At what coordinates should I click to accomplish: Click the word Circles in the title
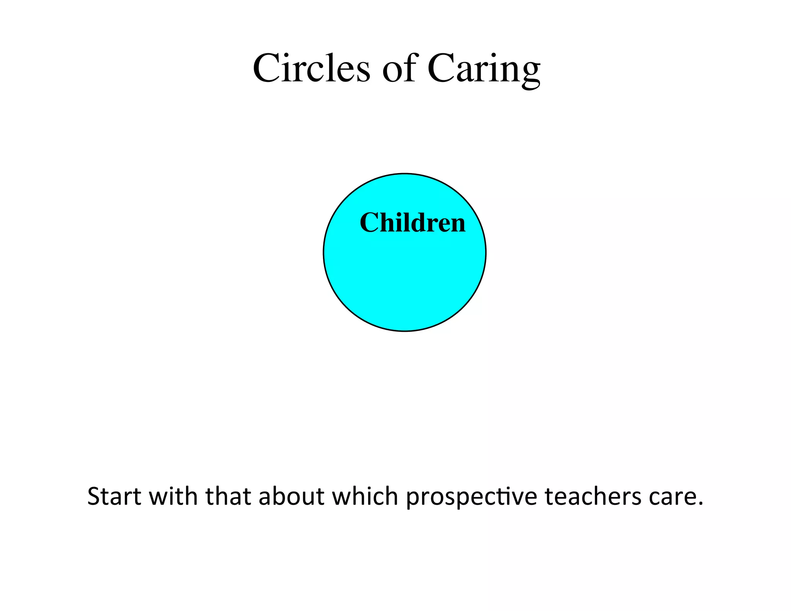(x=311, y=68)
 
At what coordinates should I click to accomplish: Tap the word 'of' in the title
(x=399, y=68)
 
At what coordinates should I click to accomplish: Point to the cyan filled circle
(x=404, y=270)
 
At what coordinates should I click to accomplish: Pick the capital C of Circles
(x=266, y=68)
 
